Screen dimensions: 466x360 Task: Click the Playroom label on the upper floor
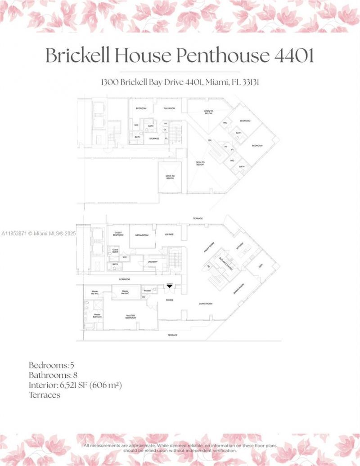click(169, 108)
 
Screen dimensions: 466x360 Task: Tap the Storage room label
click(154, 139)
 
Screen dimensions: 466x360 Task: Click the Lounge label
click(169, 234)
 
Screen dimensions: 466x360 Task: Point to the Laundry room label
click(152, 262)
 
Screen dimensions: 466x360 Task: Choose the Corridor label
click(125, 279)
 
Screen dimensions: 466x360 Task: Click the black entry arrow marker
click(169, 286)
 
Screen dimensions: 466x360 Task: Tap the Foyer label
click(169, 300)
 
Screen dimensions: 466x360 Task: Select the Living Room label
click(206, 304)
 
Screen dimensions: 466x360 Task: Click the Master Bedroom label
click(131, 317)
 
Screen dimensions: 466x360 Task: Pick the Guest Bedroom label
click(118, 234)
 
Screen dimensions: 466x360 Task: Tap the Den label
click(260, 265)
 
